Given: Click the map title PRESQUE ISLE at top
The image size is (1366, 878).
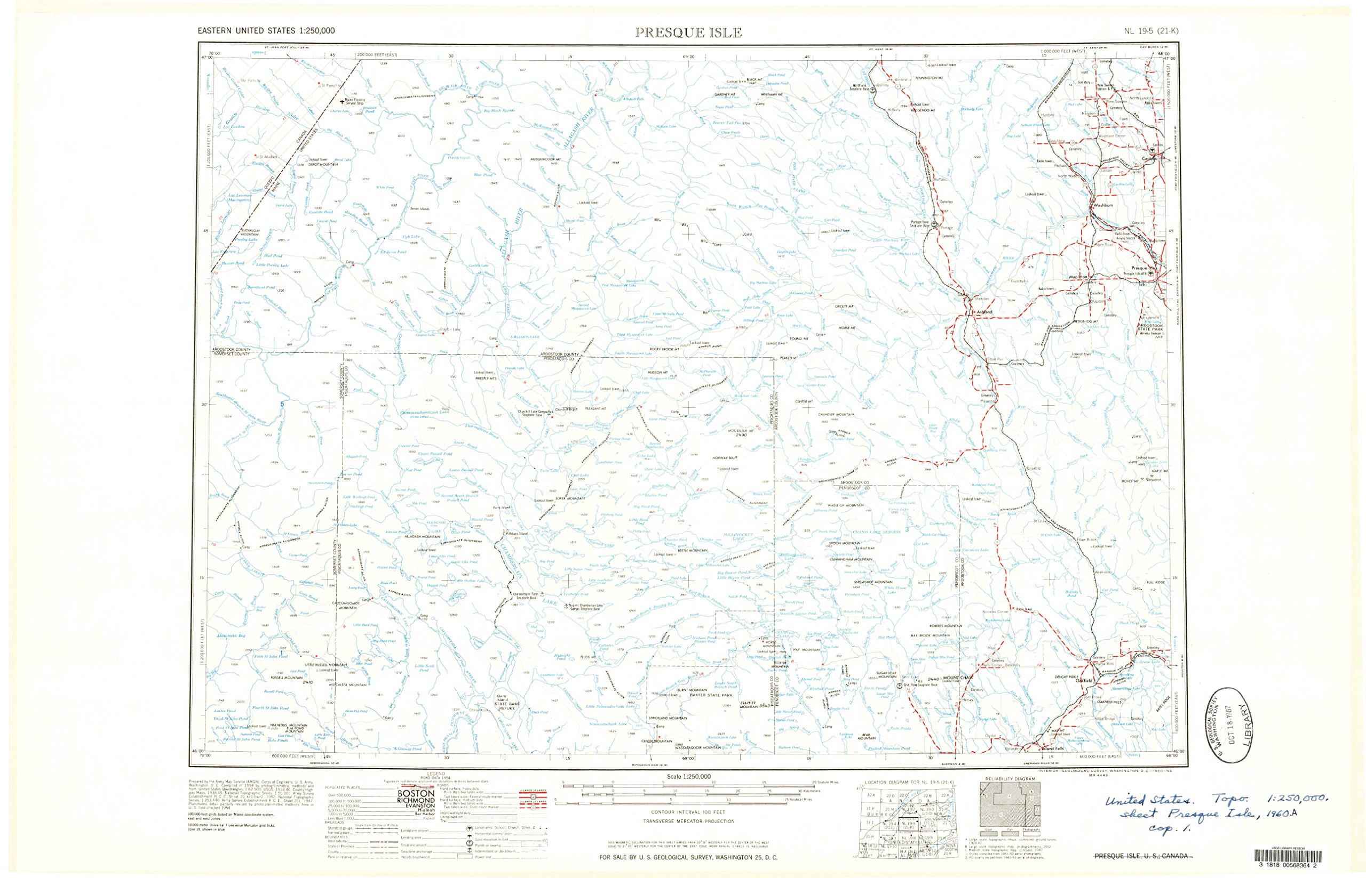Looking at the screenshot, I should [689, 33].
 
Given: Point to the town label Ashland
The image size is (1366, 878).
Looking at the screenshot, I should [984, 312].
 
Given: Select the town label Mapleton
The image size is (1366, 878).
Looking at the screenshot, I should [1078, 277].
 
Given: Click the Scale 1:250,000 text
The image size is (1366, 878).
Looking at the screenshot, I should [688, 777].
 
